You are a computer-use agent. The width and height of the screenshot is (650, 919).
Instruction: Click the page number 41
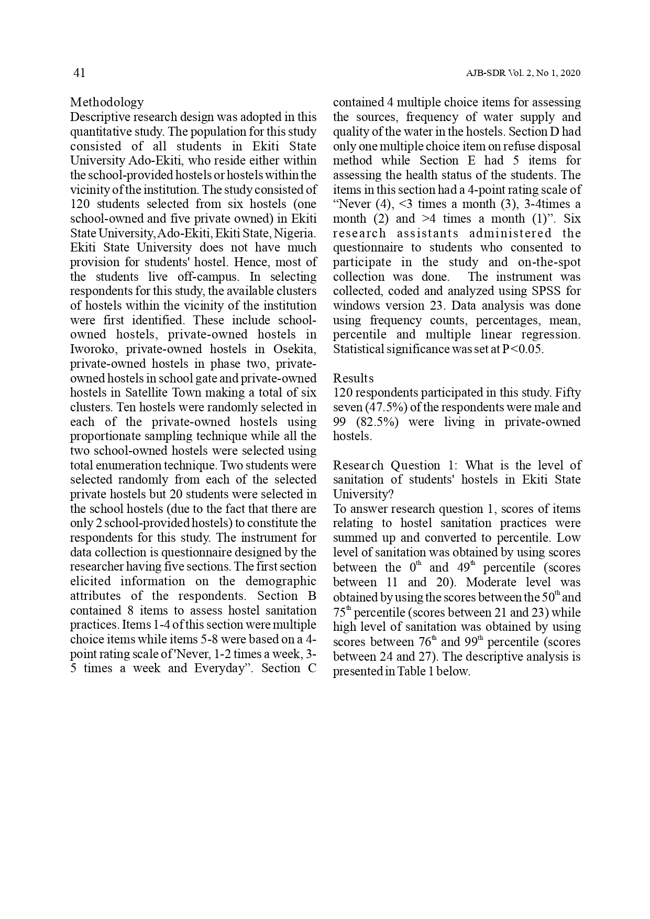[x=79, y=73]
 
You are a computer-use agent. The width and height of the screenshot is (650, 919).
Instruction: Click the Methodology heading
[x=107, y=102]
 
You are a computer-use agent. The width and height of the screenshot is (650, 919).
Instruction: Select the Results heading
[x=354, y=378]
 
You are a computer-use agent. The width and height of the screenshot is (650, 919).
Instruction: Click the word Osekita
[x=294, y=349]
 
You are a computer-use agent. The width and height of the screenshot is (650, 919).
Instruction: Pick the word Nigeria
[x=297, y=233]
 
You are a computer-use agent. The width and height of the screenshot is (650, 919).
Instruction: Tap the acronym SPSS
[x=548, y=291]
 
